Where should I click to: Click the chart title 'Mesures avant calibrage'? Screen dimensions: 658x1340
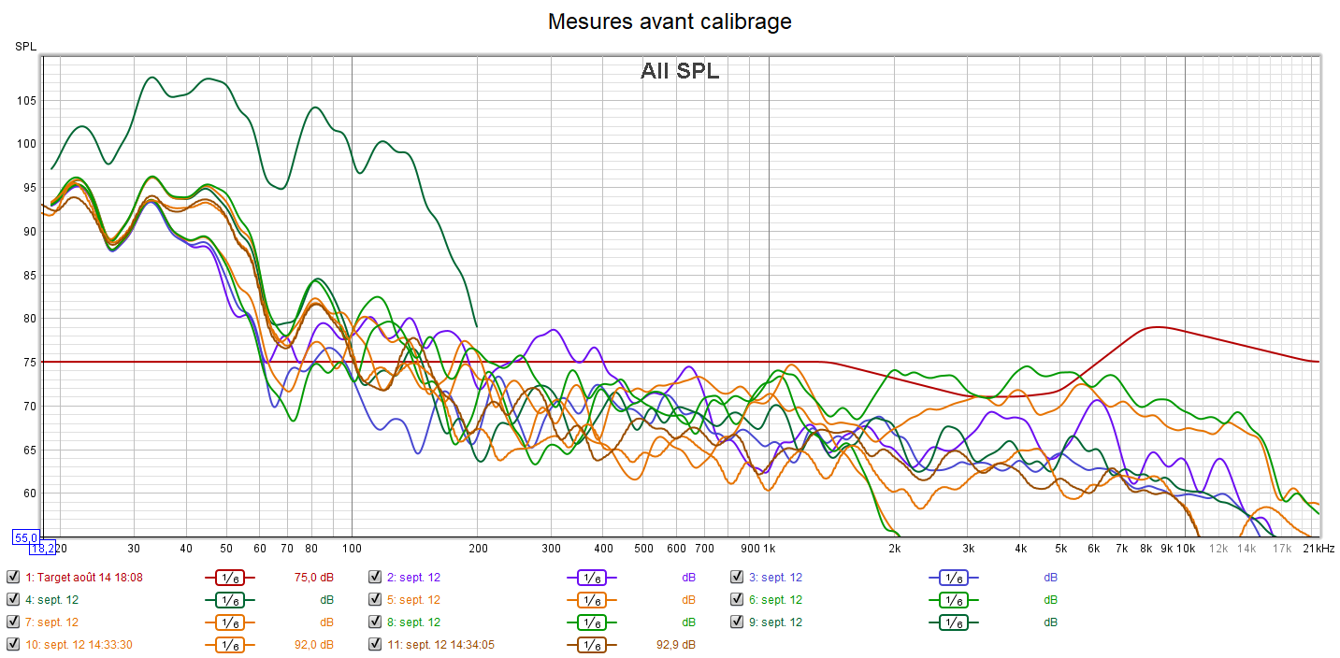[670, 21]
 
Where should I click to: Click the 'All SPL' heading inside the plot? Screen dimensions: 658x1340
[680, 71]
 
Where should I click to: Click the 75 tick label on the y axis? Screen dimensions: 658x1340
[27, 363]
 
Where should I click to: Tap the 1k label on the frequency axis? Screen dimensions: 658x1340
[768, 548]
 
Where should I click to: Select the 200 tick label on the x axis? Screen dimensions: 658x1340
[477, 548]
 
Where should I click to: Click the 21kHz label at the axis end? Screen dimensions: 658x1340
[1318, 548]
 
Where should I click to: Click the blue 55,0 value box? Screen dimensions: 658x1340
[24, 537]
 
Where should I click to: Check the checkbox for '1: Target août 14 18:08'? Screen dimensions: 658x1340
[12, 578]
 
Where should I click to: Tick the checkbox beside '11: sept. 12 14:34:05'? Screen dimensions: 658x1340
[375, 645]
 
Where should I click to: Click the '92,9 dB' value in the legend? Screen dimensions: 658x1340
[675, 645]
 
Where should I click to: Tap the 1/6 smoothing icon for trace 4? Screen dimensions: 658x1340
[229, 600]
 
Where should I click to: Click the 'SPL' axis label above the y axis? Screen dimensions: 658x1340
[24, 47]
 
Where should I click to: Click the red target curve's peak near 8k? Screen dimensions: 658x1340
[1157, 327]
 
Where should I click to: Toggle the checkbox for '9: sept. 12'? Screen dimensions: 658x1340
[737, 622]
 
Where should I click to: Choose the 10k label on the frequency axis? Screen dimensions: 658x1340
[1186, 548]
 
